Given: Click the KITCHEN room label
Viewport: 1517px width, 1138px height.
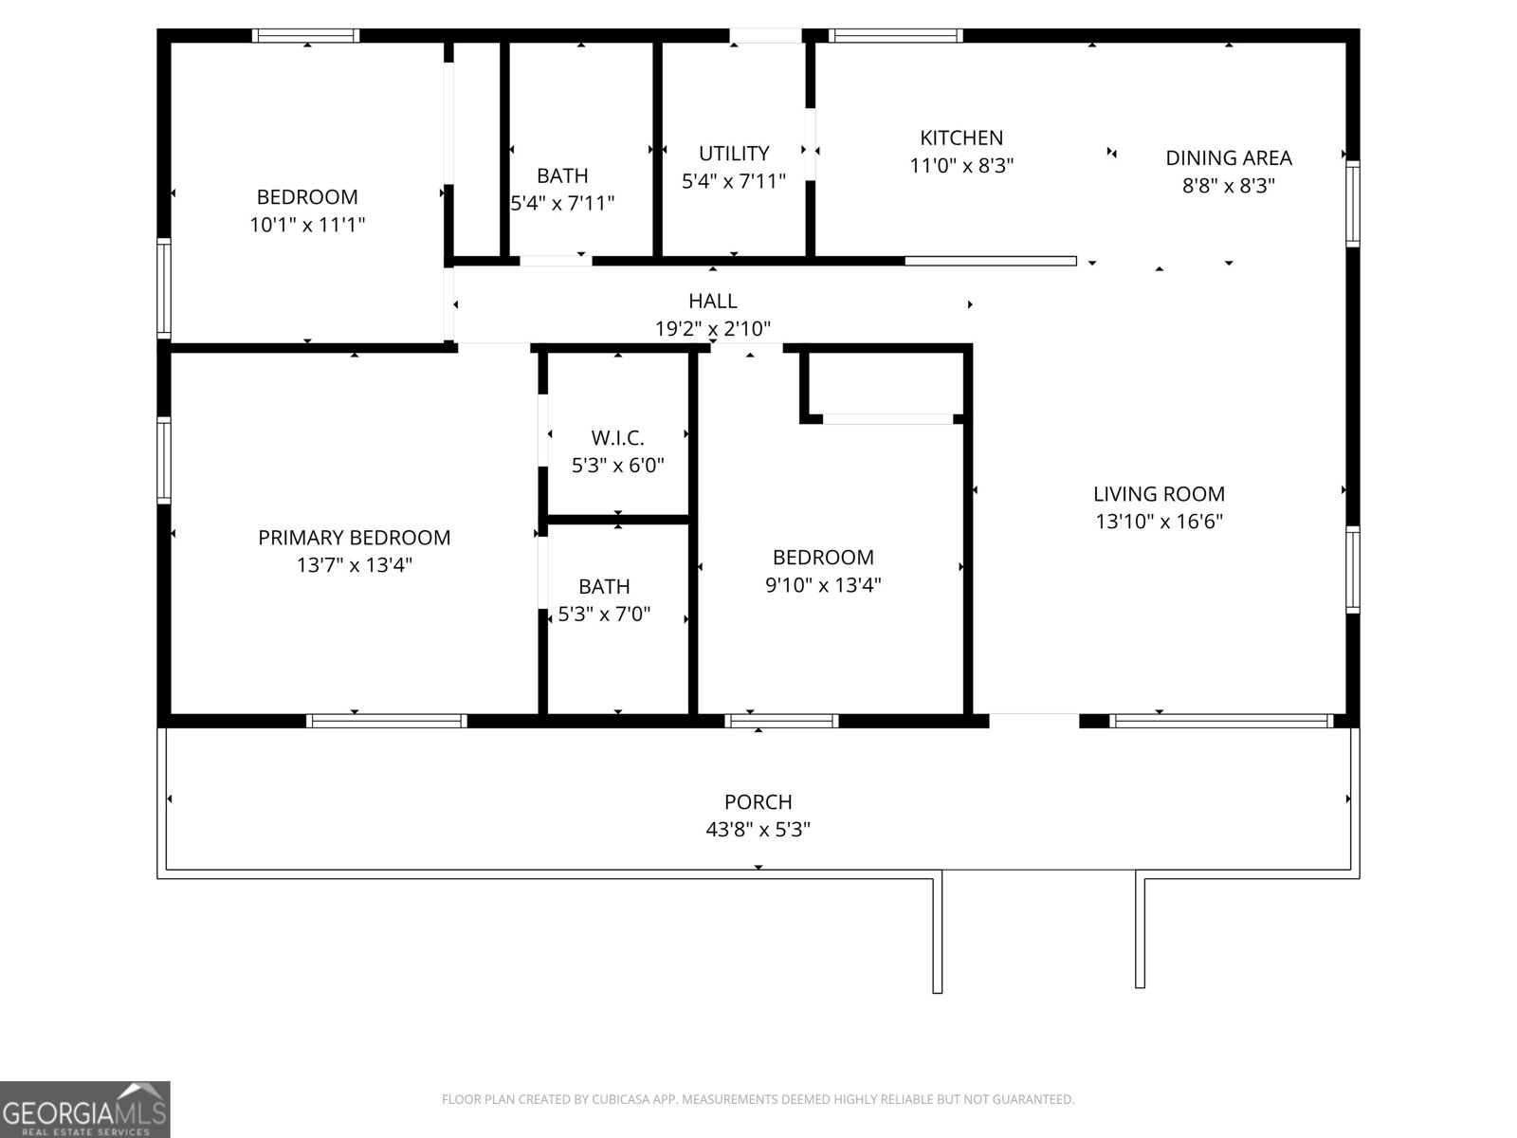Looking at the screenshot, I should point(961,138).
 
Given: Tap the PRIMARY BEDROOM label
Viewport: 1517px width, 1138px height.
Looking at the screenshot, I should point(354,538).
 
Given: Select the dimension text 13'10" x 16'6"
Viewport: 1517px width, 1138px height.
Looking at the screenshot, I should point(1159,522).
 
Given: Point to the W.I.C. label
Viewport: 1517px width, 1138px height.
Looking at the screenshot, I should point(617,438).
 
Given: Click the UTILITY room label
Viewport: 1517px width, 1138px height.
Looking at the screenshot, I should point(733,154).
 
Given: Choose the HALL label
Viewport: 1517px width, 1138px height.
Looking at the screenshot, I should point(712,302).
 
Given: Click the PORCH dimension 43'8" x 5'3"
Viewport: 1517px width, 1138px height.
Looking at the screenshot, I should point(758,830).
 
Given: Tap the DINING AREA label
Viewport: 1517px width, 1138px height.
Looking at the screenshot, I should point(1228,158).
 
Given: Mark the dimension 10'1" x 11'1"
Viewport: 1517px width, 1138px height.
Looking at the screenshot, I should point(307,225).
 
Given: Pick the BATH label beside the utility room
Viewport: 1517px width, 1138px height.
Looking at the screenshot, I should point(562,176).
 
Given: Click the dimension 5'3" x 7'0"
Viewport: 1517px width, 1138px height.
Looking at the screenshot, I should point(604,615).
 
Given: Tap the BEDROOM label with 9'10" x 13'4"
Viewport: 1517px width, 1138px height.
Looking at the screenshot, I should point(823,558).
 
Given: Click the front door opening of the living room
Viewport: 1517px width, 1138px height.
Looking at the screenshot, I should point(1033,721).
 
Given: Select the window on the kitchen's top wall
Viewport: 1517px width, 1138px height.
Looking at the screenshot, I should point(895,36).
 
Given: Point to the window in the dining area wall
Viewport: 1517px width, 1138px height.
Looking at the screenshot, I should point(1353,204).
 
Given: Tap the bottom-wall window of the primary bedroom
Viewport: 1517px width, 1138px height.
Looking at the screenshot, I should point(386,721).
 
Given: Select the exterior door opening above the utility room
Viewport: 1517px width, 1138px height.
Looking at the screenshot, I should point(766,36).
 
